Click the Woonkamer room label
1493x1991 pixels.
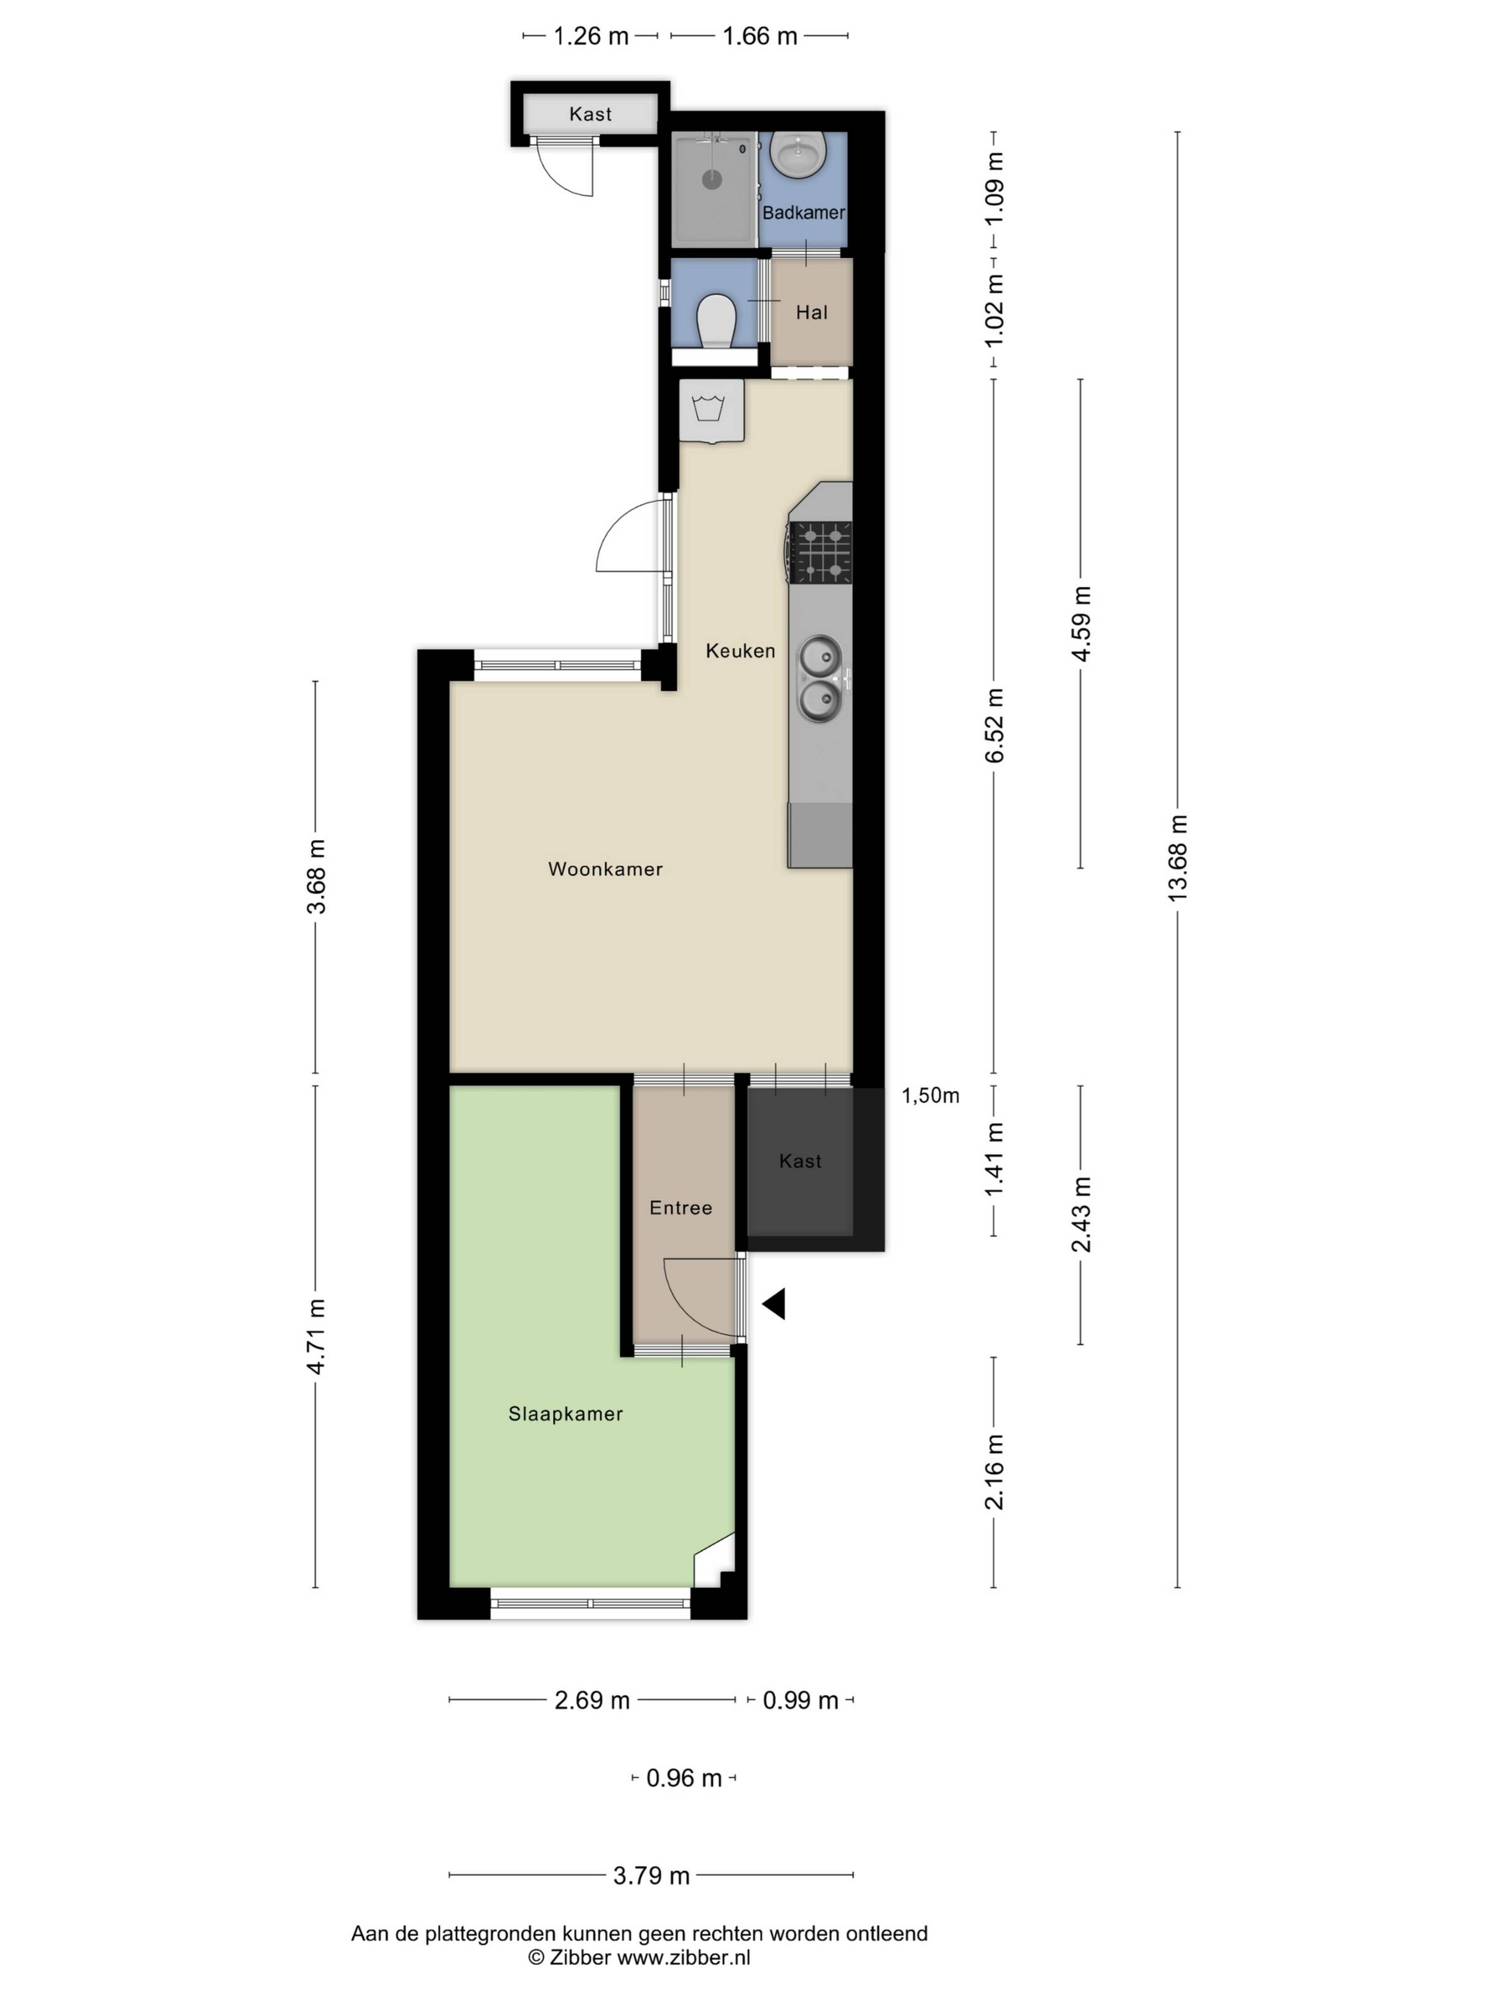[605, 869]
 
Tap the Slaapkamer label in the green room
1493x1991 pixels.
[565, 1413]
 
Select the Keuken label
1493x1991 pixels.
[740, 650]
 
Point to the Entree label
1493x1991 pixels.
[680, 1207]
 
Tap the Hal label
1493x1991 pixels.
[811, 312]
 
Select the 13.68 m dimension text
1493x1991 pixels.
[1177, 857]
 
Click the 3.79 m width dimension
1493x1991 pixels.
[650, 1875]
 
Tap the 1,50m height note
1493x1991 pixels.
[930, 1095]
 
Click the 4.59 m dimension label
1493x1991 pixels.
[1081, 624]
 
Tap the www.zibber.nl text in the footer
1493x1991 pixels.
[683, 1957]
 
